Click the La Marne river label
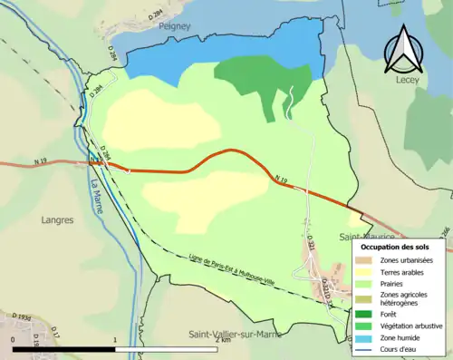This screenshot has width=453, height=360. click(95, 191)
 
